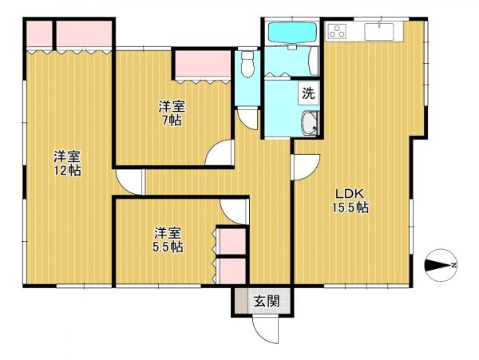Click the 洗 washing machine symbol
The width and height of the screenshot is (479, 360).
tap(308, 93)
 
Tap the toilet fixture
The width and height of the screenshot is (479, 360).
tap(247, 64)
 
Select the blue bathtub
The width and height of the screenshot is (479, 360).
tap(291, 33)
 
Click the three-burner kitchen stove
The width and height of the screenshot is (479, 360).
tap(337, 31)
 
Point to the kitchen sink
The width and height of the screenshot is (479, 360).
tap(378, 31)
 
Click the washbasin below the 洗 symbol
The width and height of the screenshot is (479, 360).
tap(310, 124)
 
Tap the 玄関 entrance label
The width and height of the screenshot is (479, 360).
tap(267, 302)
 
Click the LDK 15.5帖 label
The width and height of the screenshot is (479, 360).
tap(350, 200)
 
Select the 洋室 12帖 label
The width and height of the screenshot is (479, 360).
tap(67, 164)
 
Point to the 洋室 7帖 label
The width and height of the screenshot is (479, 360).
tap(172, 113)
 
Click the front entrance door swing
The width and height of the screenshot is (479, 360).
tap(266, 330)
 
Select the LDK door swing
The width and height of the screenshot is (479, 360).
tap(306, 167)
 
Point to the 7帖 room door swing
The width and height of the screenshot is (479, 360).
tap(219, 152)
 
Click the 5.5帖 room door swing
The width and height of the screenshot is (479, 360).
tap(234, 212)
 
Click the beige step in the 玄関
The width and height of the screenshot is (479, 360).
tap(241, 300)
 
